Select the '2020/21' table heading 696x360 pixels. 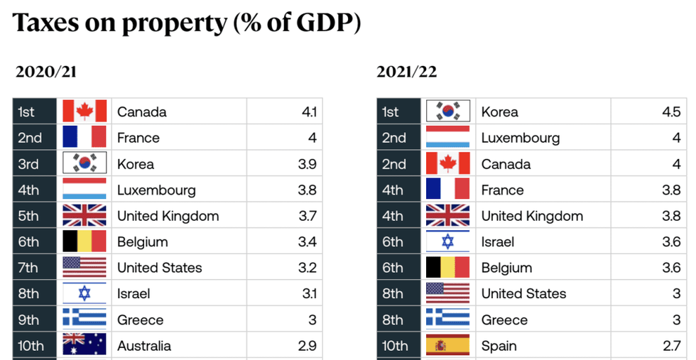45,72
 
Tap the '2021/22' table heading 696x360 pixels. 406,72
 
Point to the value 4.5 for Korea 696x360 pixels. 671,111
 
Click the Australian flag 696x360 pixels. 85,346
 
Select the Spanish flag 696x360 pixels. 447,346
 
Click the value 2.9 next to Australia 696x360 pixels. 307,346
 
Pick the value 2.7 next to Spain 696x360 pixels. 670,346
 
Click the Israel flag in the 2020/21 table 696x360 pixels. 85,293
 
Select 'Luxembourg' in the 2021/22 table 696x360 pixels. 520,138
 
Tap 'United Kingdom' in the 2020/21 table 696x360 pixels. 168,216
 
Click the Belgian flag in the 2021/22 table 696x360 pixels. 447,268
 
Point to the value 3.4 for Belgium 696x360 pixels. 307,241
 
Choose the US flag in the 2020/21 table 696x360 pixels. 85,268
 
